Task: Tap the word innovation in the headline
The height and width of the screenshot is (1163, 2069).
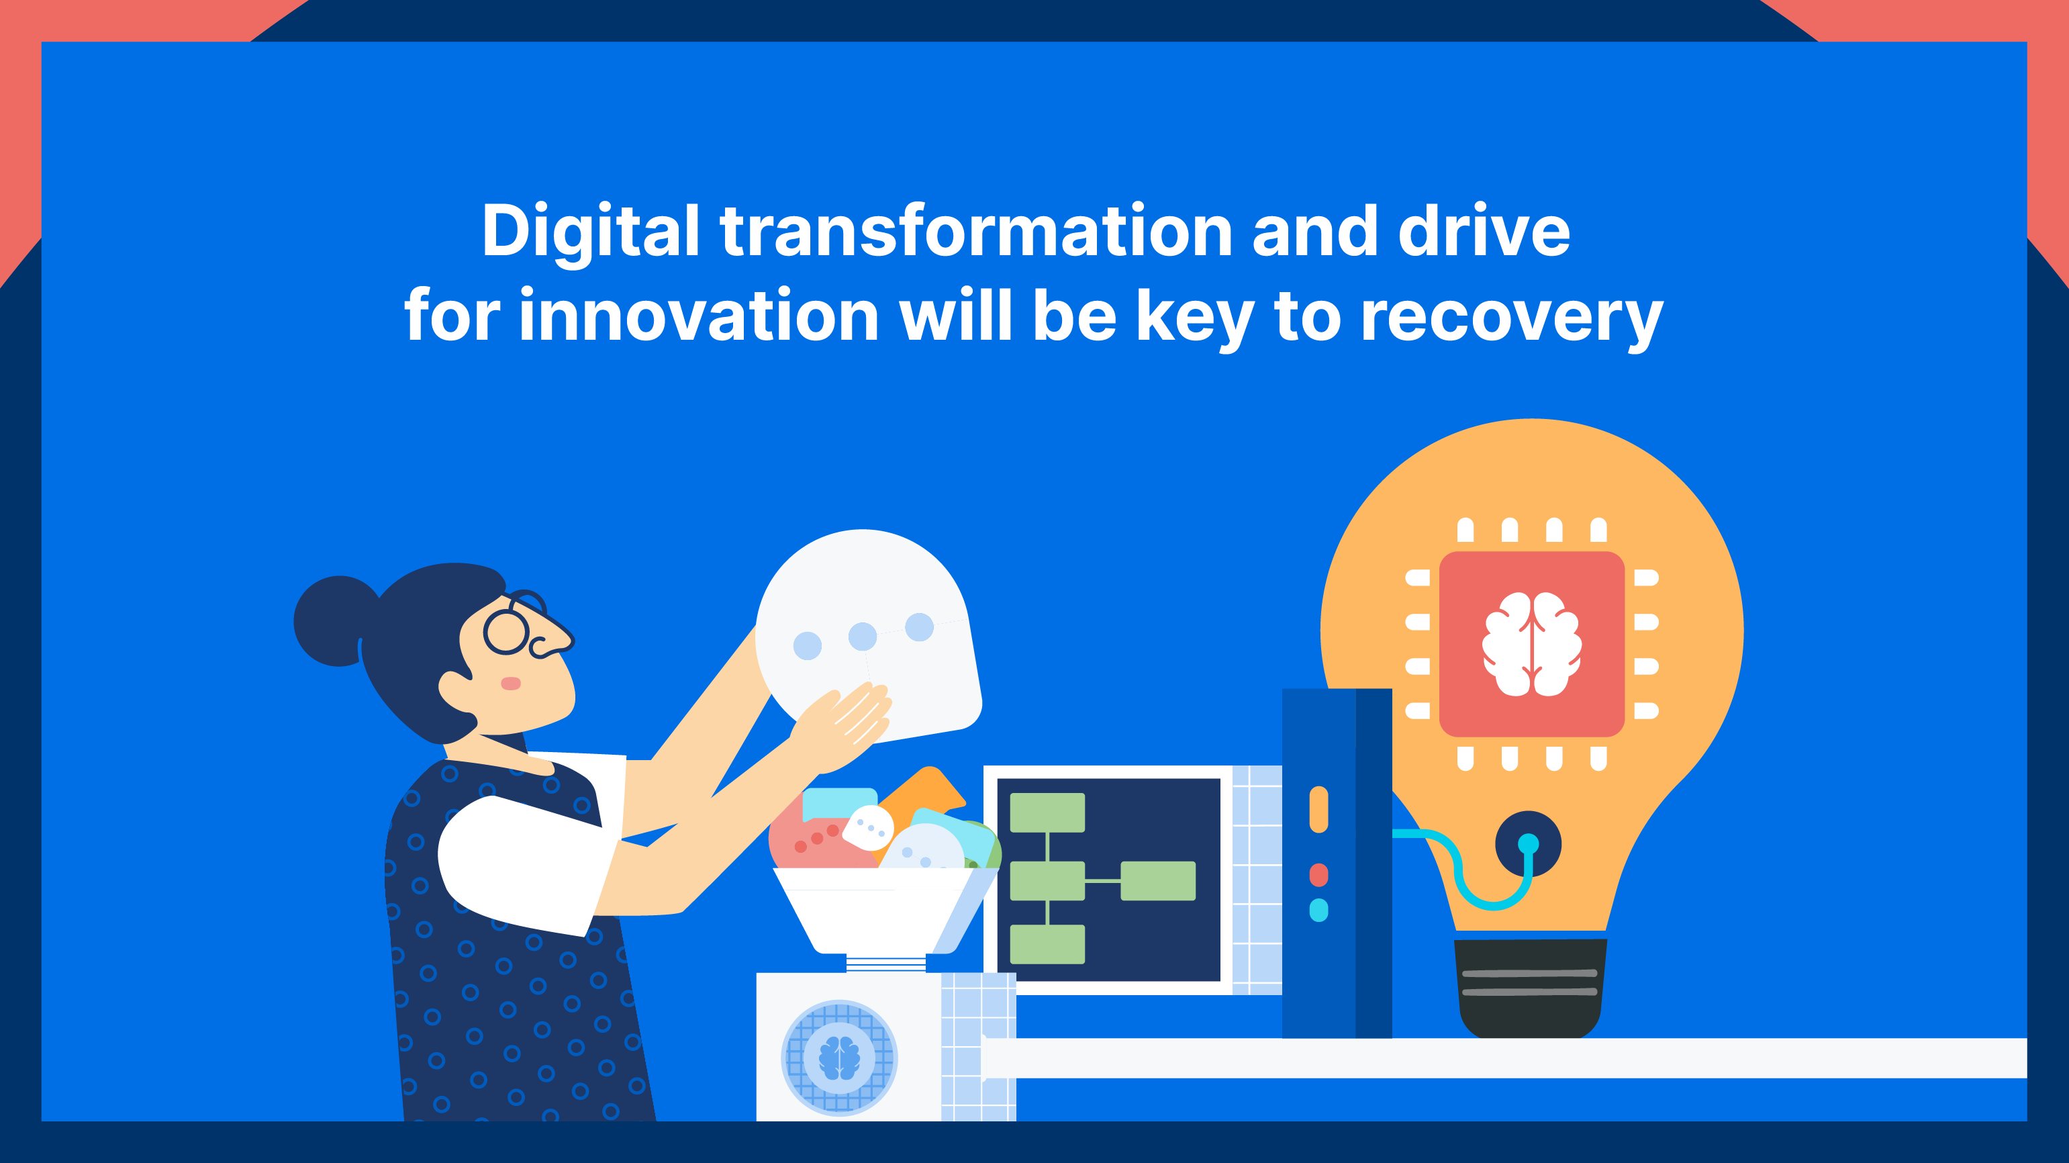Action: coord(699,316)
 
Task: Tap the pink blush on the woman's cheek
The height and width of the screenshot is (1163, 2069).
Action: coord(511,684)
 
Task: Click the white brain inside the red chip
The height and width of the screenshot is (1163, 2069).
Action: coord(1532,644)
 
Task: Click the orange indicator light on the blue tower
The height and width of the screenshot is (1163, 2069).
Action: coord(1319,809)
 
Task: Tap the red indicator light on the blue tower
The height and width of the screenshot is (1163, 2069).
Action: coord(1319,875)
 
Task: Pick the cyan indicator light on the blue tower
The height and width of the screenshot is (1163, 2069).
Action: coord(1319,910)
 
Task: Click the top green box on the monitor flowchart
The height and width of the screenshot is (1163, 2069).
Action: coord(1047,812)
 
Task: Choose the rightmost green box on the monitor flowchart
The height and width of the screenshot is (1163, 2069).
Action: coord(1158,881)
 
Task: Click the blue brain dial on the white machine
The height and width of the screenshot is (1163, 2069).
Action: coord(839,1058)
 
